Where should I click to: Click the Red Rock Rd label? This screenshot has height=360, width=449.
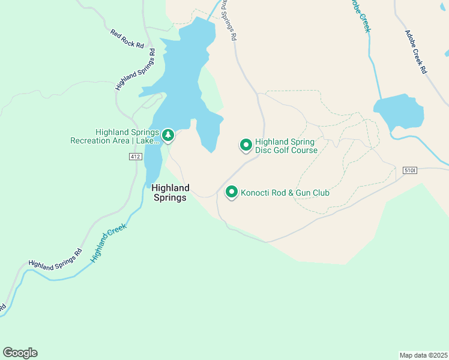click(x=128, y=38)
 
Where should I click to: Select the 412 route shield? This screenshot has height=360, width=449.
click(x=135, y=157)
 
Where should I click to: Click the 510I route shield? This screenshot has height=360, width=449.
click(x=410, y=171)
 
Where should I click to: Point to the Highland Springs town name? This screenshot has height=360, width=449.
click(x=170, y=193)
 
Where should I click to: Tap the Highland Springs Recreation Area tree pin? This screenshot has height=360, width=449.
click(x=169, y=136)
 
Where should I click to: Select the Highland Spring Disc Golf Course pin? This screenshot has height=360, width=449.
click(x=246, y=145)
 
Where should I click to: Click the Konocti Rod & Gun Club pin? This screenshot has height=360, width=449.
click(x=231, y=192)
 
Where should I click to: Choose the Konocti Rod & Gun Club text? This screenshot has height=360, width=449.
click(x=285, y=193)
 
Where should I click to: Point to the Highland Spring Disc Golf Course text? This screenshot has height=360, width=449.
click(x=286, y=146)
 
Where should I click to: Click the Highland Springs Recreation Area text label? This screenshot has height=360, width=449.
click(x=115, y=137)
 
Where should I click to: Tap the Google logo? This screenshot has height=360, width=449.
click(x=20, y=353)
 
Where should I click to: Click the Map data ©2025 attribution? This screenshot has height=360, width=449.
click(x=423, y=355)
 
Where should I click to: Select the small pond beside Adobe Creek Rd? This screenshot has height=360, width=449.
click(x=399, y=111)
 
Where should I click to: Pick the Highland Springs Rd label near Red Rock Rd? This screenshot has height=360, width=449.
click(x=136, y=70)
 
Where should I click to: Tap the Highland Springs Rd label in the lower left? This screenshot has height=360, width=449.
click(x=55, y=258)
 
